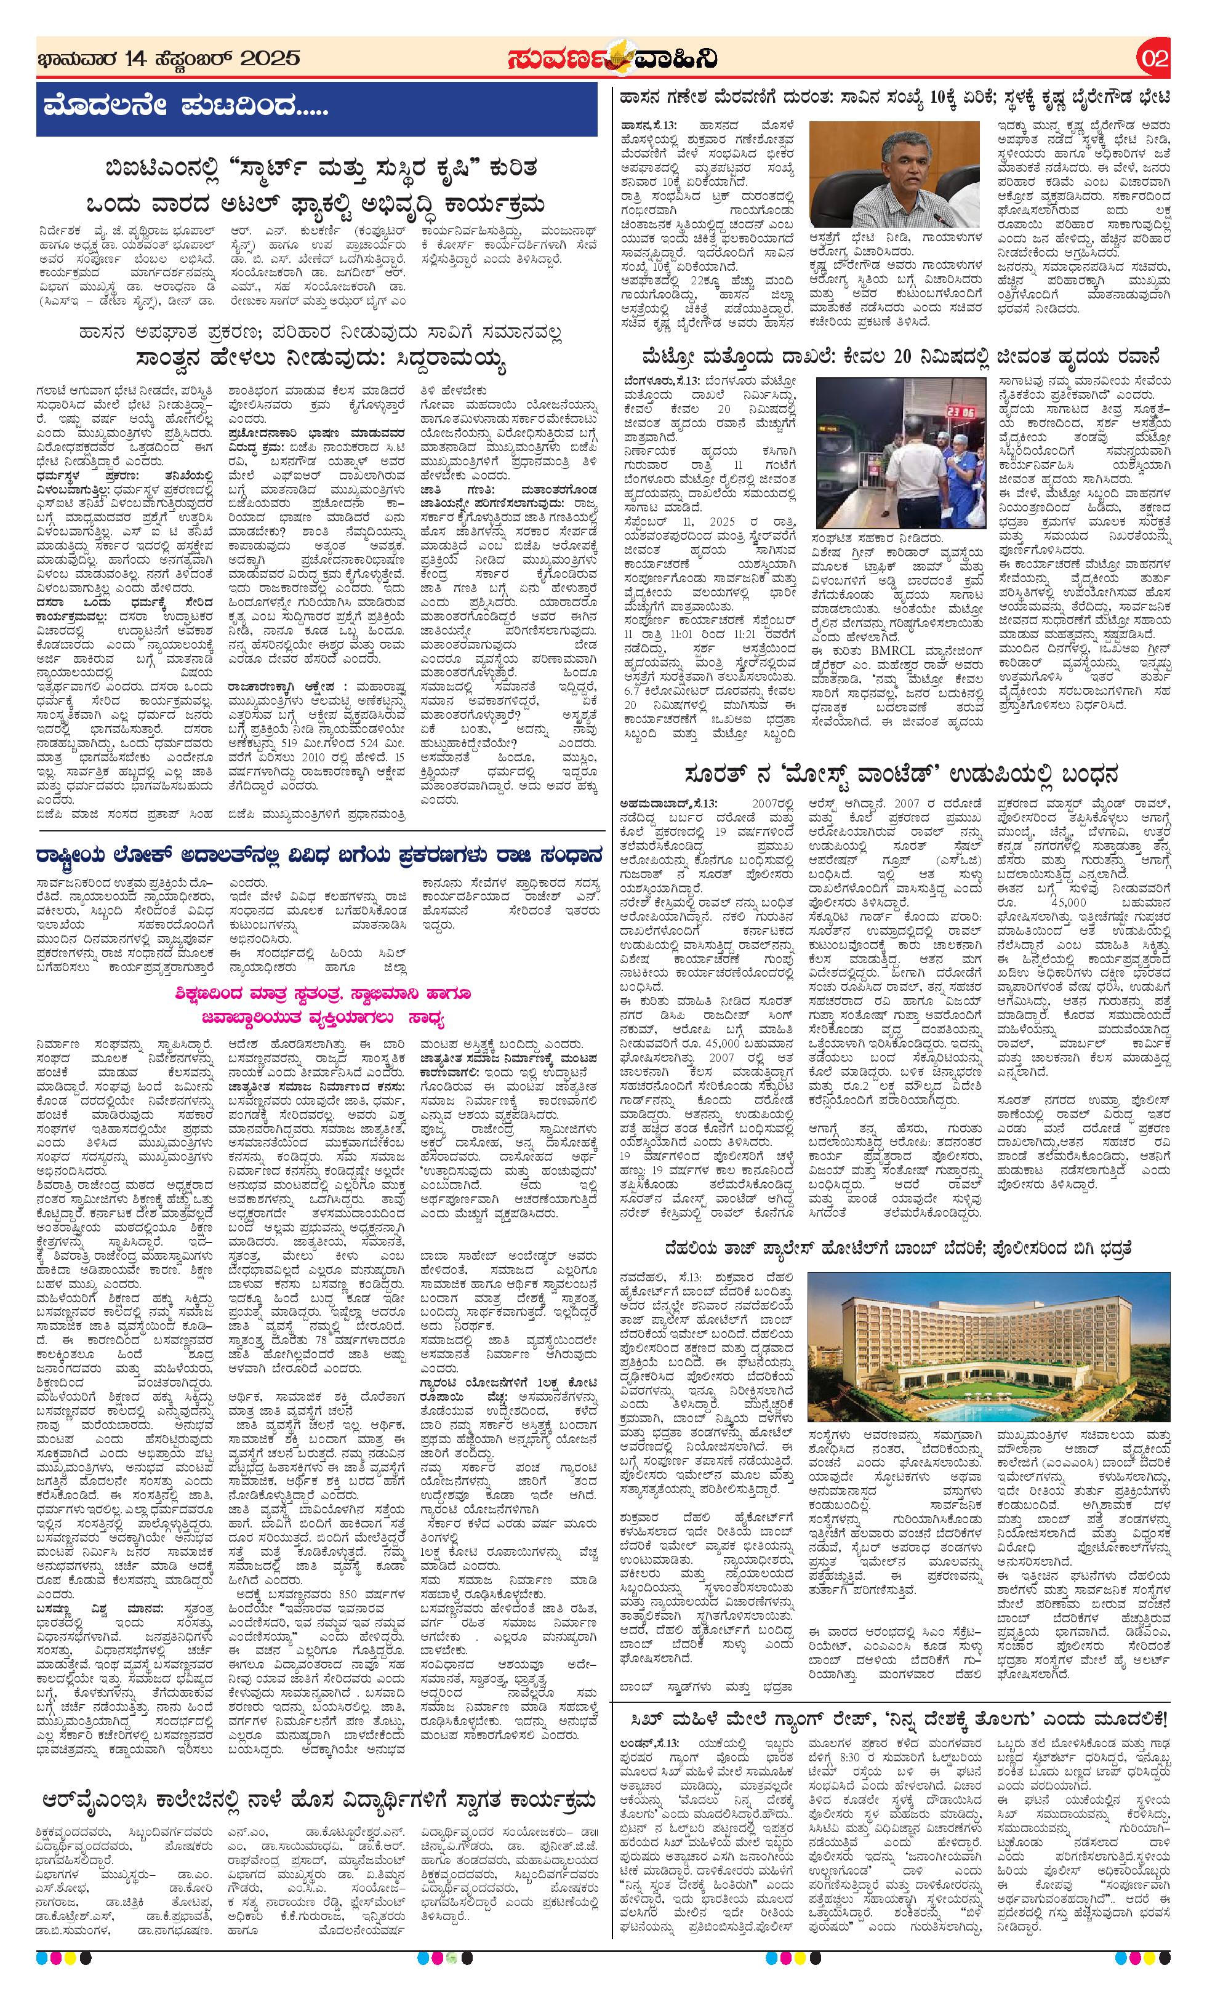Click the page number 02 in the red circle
(x=1154, y=58)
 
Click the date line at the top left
(x=169, y=58)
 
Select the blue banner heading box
(x=316, y=108)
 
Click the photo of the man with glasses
(x=895, y=175)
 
